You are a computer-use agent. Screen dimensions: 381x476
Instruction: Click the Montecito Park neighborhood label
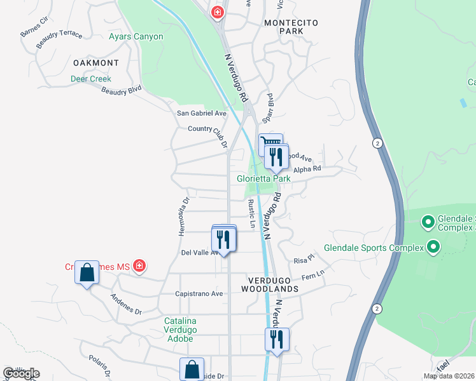click(291, 27)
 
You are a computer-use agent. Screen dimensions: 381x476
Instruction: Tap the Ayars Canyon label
click(136, 36)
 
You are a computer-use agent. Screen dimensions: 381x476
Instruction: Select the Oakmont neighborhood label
click(95, 63)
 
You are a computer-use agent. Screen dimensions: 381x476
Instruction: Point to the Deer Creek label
click(90, 79)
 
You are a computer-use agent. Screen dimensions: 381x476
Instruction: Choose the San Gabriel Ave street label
click(201, 113)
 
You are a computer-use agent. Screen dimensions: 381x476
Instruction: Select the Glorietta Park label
click(263, 178)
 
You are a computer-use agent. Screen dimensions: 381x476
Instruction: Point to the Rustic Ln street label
click(251, 213)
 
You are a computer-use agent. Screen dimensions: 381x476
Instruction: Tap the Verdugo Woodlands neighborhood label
click(270, 284)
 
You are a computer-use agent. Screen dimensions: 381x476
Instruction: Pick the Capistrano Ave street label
click(199, 294)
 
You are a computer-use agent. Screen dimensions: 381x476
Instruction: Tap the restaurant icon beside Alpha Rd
click(276, 156)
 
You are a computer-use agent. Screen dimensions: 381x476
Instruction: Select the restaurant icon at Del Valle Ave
click(223, 239)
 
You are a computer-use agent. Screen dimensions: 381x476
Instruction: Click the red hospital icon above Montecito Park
click(218, 11)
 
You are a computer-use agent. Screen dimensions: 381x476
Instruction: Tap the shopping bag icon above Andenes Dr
click(87, 273)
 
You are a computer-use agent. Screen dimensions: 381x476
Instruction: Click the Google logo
click(21, 373)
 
